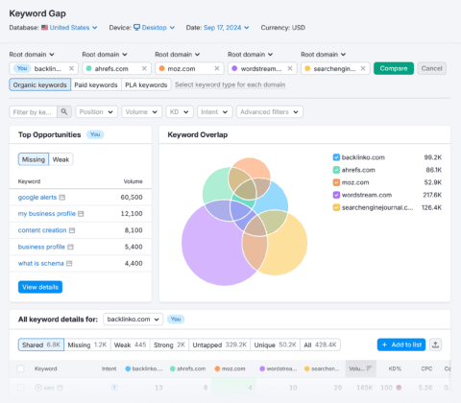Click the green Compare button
pyautogui.click(x=394, y=68)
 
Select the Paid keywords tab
pyautogui.click(x=96, y=85)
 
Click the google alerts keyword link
pyautogui.click(x=38, y=196)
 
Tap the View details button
pyautogui.click(x=40, y=286)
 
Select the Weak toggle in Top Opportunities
pyautogui.click(x=61, y=158)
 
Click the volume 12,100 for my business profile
pyautogui.click(x=130, y=213)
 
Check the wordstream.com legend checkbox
pyautogui.click(x=335, y=194)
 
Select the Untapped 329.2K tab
pyautogui.click(x=223, y=344)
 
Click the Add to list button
pyautogui.click(x=399, y=344)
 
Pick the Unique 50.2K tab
pyautogui.click(x=282, y=344)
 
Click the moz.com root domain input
pyautogui.click(x=187, y=68)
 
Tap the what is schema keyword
pyautogui.click(x=40, y=263)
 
